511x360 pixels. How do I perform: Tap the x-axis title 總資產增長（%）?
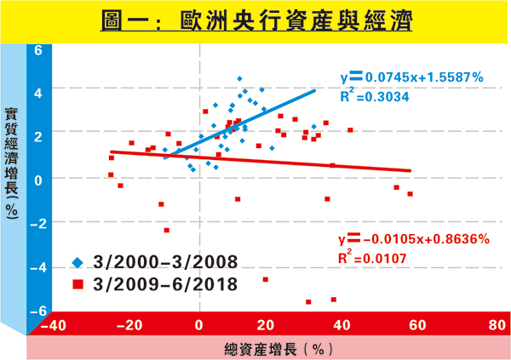[x=273, y=348]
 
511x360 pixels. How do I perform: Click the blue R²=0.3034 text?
[x=374, y=96]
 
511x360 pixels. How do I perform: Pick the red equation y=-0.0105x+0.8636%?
[x=413, y=237]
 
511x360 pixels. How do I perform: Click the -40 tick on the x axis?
[x=53, y=324]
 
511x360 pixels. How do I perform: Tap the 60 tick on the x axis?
[x=419, y=324]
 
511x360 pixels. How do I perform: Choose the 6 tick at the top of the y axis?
[x=37, y=50]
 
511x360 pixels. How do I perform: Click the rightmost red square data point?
[x=410, y=194]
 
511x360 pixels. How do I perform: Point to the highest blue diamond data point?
[x=239, y=78]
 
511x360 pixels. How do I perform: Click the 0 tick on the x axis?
[x=199, y=324]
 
